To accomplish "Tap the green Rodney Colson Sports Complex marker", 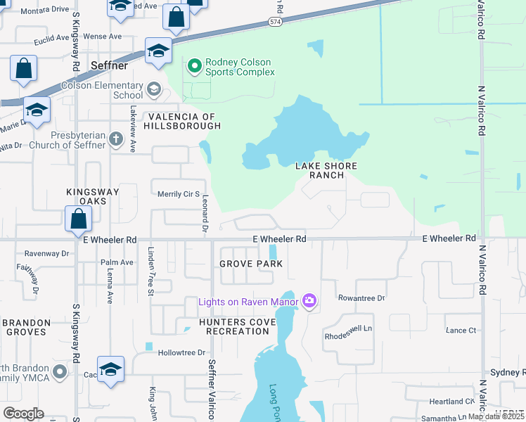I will pyautogui.click(x=194, y=67).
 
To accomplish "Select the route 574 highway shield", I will pyautogui.click(x=275, y=23).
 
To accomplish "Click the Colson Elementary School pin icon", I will pyautogui.click(x=154, y=90).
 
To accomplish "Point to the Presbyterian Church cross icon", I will pyautogui.click(x=117, y=139).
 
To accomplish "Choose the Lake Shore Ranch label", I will pyautogui.click(x=326, y=170).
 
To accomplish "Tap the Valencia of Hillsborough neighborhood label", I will pyautogui.click(x=183, y=121).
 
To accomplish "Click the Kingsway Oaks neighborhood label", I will pyautogui.click(x=93, y=196).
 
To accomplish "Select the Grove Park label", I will pyautogui.click(x=250, y=264).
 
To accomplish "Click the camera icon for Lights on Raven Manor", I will pyautogui.click(x=309, y=302).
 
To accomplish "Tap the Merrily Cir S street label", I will pyautogui.click(x=179, y=194).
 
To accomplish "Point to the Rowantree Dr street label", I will pyautogui.click(x=361, y=298).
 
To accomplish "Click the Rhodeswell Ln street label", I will pyautogui.click(x=347, y=336).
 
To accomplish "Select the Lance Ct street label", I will pyautogui.click(x=461, y=330).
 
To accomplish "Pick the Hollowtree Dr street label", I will pyautogui.click(x=181, y=352).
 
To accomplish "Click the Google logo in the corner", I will pyautogui.click(x=23, y=414).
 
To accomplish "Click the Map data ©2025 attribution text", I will pyautogui.click(x=496, y=416).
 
